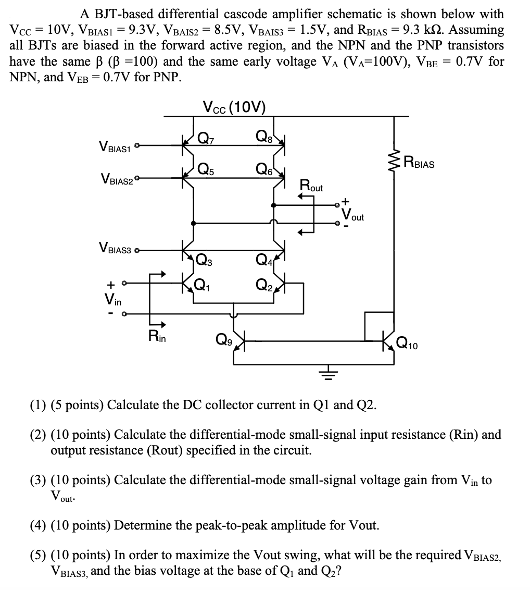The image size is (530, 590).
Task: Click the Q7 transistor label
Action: pyautogui.click(x=207, y=139)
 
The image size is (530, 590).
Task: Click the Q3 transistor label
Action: pyautogui.click(x=203, y=259)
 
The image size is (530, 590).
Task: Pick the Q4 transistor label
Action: pyautogui.click(x=264, y=259)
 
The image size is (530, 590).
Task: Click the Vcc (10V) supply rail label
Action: pyautogui.click(x=234, y=108)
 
